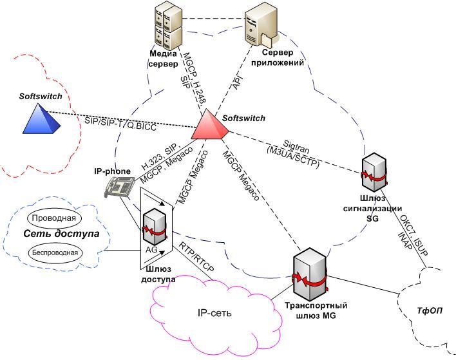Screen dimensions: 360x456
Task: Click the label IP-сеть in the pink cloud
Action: pos(213,314)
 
